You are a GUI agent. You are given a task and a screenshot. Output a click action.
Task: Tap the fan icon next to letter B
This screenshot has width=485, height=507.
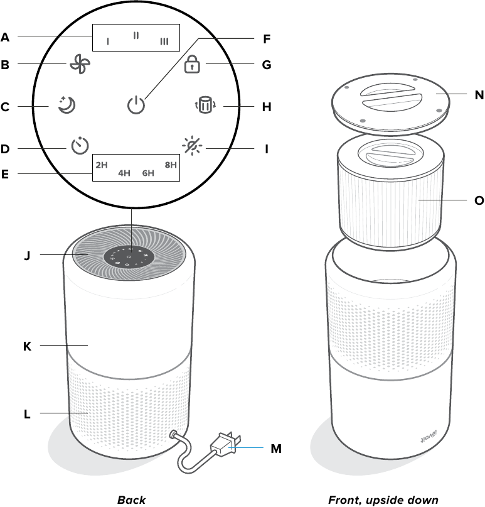[77, 65]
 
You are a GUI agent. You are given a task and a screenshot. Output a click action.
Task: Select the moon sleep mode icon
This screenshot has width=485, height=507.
[65, 106]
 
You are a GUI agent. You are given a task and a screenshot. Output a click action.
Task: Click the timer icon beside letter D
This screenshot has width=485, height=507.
[79, 147]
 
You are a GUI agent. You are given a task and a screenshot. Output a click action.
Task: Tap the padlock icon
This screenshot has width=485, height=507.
[192, 65]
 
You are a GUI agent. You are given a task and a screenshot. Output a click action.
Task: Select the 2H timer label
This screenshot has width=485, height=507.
[102, 165]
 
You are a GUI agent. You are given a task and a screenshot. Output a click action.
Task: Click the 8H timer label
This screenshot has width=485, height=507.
[171, 165]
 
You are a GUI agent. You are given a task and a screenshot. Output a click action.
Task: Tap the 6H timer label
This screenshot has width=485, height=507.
[148, 172]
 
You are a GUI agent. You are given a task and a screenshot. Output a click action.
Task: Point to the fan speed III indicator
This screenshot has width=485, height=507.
[164, 41]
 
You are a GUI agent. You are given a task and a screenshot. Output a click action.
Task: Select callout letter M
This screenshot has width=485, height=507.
[276, 449]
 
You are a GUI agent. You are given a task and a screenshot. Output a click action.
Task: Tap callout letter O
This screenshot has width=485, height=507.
[479, 201]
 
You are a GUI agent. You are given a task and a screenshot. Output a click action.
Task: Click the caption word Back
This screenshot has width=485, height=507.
[131, 500]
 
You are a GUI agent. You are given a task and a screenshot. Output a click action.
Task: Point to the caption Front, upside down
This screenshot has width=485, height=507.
[383, 500]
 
